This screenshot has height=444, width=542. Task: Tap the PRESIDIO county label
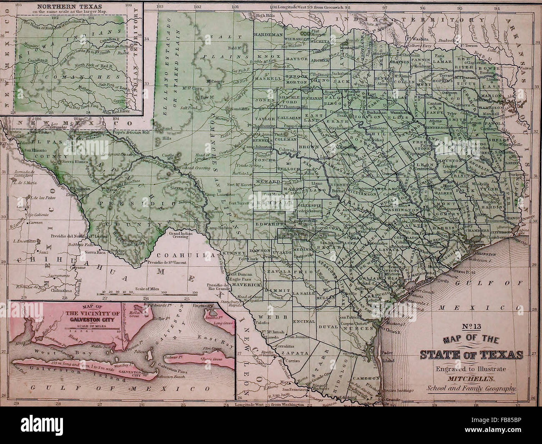coord(125,204)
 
